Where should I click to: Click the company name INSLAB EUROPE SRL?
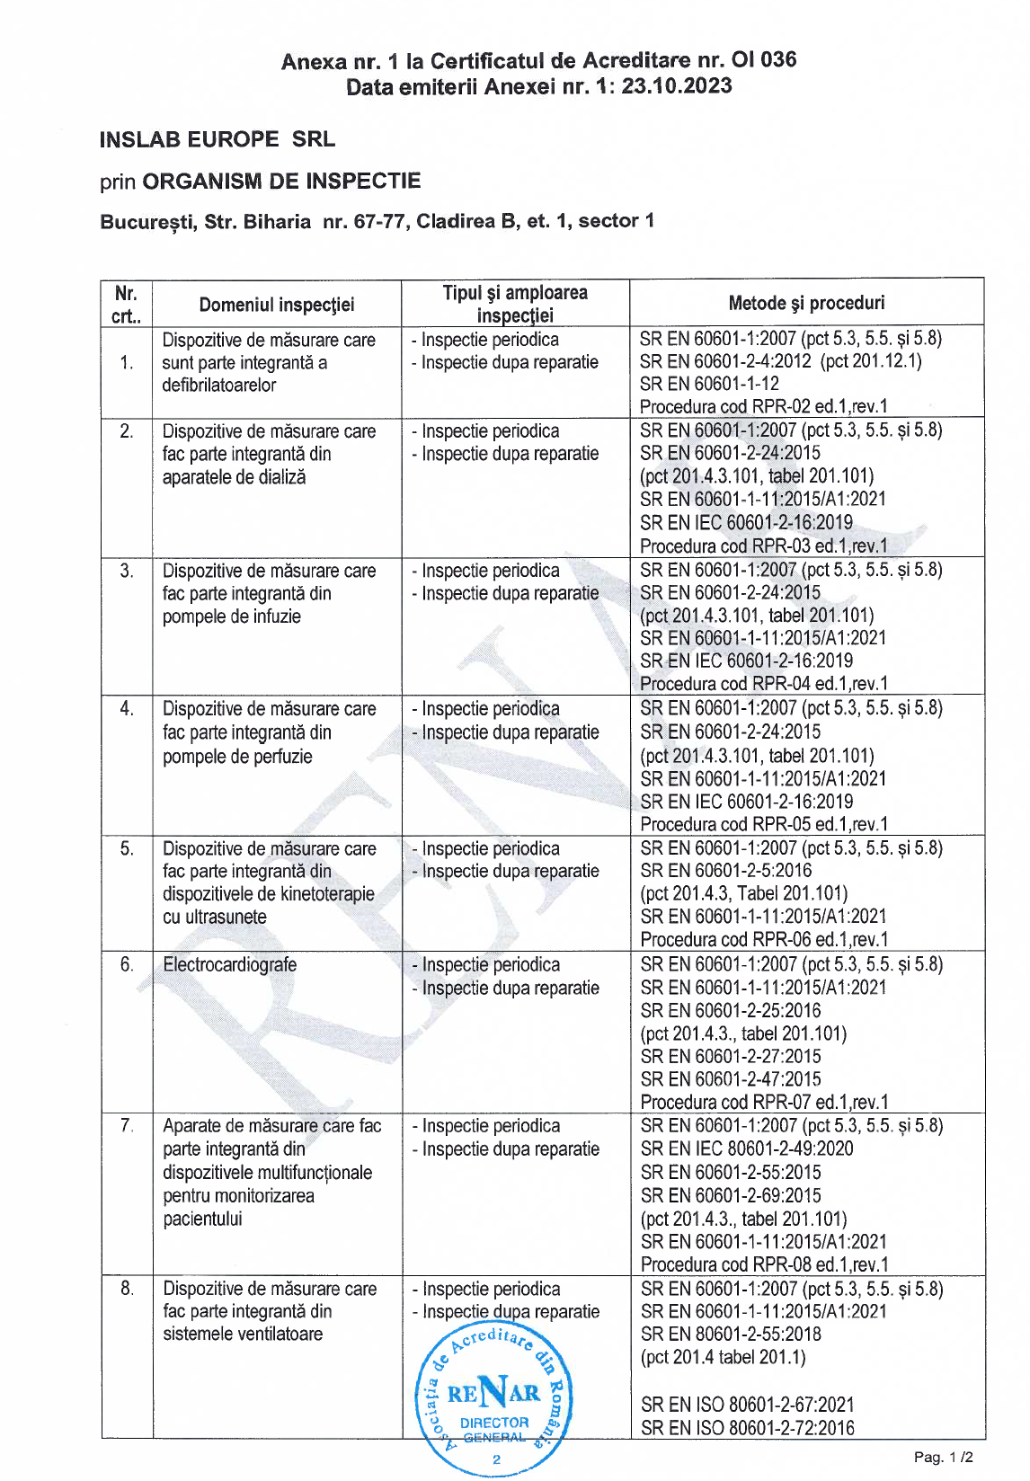(x=217, y=139)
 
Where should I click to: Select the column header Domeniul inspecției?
(x=277, y=305)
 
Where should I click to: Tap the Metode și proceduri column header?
(x=806, y=303)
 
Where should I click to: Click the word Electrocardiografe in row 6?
(x=230, y=964)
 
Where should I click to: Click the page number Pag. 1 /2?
(x=943, y=1457)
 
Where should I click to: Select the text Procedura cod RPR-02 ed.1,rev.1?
(x=763, y=406)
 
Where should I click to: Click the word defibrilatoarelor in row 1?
(x=219, y=385)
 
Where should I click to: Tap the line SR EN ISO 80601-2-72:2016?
(x=748, y=1427)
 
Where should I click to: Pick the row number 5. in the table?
(x=127, y=848)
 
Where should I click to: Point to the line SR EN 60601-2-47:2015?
(x=731, y=1078)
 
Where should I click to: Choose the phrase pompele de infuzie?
(x=232, y=616)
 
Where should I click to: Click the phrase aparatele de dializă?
(x=234, y=477)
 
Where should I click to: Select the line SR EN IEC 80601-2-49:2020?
(x=747, y=1148)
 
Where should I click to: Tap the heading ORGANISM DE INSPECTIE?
(x=281, y=181)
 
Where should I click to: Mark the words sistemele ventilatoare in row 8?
(x=243, y=1334)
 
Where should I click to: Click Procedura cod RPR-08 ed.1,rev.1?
(x=764, y=1264)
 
